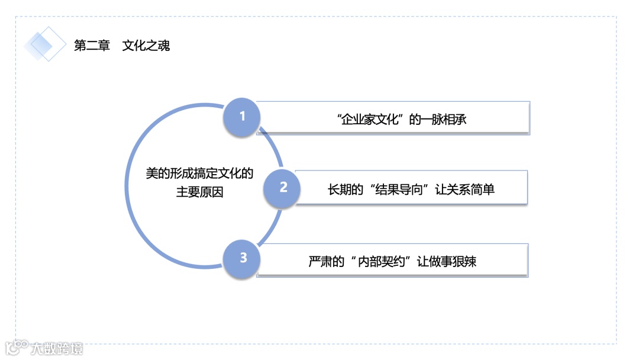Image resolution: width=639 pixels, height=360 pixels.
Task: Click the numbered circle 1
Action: (242, 116)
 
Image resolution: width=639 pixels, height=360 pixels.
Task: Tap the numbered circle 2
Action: (283, 188)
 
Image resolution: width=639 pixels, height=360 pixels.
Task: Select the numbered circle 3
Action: (243, 258)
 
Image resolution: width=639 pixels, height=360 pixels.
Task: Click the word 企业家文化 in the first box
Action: (370, 119)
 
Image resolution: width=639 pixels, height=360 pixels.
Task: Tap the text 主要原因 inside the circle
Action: (199, 192)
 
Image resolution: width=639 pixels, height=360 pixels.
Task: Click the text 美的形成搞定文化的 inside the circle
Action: (199, 173)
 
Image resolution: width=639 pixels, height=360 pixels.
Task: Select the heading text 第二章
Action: (92, 46)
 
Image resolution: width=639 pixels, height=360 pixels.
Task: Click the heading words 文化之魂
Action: (146, 46)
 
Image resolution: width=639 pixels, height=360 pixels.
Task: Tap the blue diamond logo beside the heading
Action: (46, 44)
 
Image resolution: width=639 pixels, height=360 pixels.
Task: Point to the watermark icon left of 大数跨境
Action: (17, 348)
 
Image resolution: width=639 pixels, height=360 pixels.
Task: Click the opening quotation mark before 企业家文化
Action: (339, 116)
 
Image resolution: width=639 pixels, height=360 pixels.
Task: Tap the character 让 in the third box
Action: (422, 261)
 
